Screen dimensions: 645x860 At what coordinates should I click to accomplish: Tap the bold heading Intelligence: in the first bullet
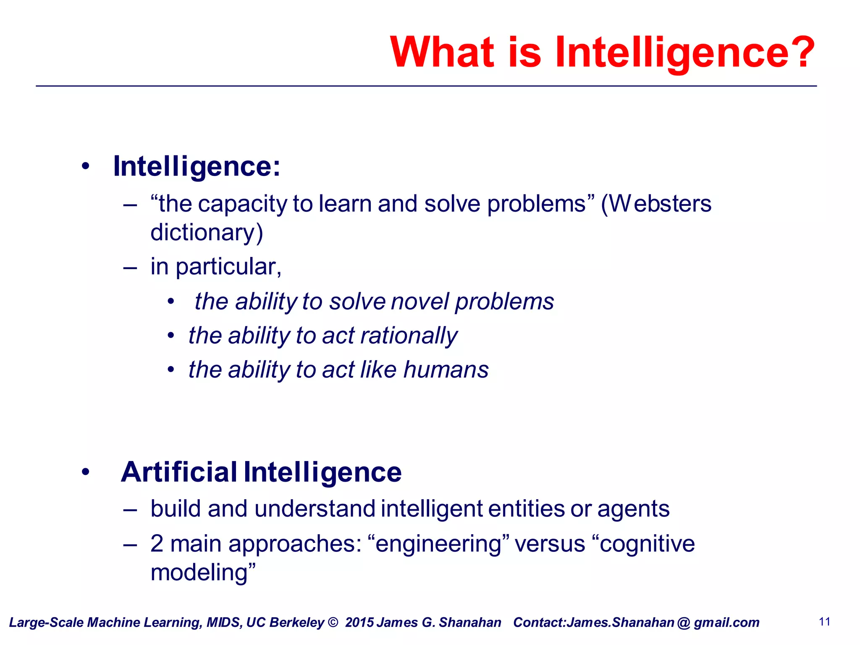pos(197,167)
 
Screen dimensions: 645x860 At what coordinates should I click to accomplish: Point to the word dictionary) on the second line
pos(207,233)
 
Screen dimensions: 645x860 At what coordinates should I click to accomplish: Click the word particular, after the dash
pos(228,267)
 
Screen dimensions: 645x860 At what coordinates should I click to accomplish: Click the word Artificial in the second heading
pos(179,472)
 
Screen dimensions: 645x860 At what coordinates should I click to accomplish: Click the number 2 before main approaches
pos(157,543)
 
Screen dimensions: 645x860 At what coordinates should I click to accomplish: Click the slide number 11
pos(824,622)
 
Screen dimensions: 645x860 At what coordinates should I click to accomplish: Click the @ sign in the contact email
pos(684,623)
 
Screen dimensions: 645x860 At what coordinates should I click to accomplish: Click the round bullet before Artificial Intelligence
pos(86,472)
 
